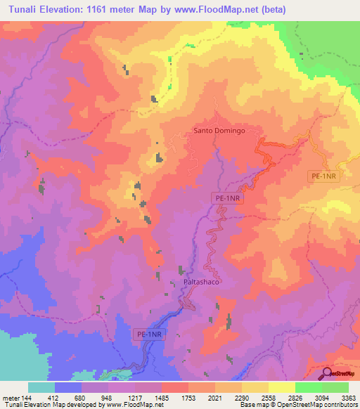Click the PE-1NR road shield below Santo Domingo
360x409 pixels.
pos(229,200)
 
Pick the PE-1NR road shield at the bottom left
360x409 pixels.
pos(149,335)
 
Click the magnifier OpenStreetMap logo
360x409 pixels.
pos(327,372)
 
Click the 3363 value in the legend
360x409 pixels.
pos(348,398)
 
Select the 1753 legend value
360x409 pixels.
pos(188,398)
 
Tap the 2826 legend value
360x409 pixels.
pos(295,398)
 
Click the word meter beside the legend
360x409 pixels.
pos(11,398)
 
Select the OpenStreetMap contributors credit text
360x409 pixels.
pos(324,405)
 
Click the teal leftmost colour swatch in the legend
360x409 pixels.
pos(41,387)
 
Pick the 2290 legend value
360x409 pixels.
pos(242,398)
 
